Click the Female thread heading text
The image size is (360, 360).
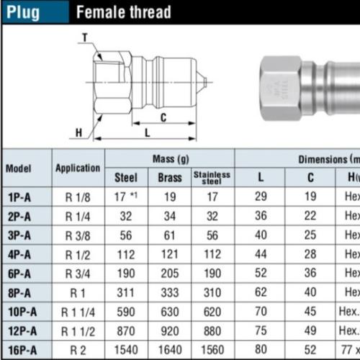pyautogui.click(x=123, y=12)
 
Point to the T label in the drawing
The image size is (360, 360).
pyautogui.click(x=84, y=38)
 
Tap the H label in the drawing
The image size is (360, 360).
pyautogui.click(x=80, y=132)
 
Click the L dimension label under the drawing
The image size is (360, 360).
pyautogui.click(x=147, y=132)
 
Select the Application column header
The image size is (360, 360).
pyautogui.click(x=78, y=168)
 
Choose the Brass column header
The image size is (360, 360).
pyautogui.click(x=169, y=177)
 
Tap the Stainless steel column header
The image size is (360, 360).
pyautogui.click(x=212, y=177)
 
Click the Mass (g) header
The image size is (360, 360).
pyautogui.click(x=169, y=158)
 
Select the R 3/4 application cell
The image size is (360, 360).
pyautogui.click(x=78, y=273)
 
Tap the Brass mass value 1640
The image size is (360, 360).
pyautogui.click(x=169, y=349)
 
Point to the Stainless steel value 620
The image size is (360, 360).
pyautogui.click(x=212, y=312)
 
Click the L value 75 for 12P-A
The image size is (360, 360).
pyautogui.click(x=260, y=330)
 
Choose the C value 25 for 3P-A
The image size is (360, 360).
pyautogui.click(x=309, y=235)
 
